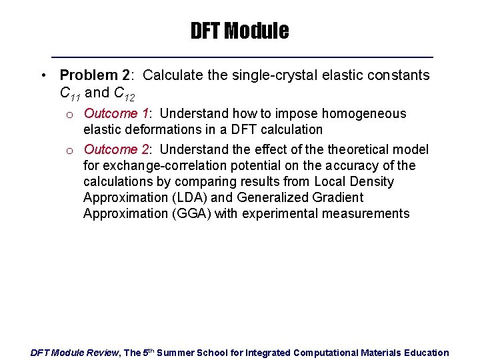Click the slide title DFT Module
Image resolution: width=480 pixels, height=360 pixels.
pos(239,31)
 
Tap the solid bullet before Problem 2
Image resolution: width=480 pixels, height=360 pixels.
pos(42,75)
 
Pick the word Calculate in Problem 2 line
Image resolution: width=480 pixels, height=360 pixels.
pos(172,75)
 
